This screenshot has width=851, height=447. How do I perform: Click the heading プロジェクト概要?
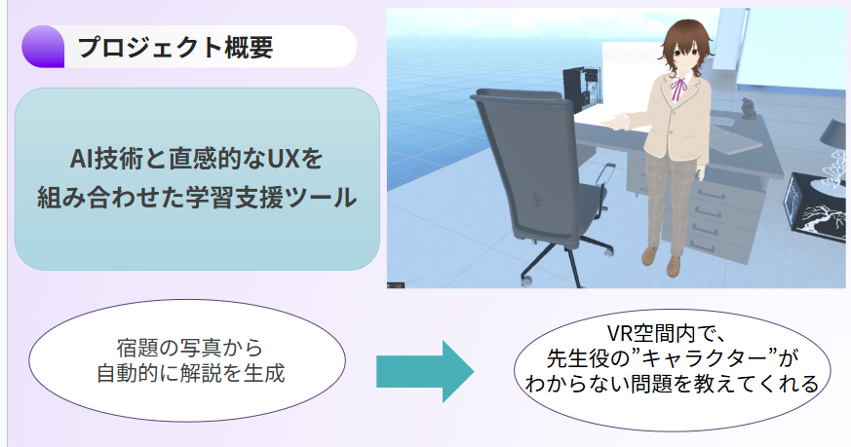point(175,47)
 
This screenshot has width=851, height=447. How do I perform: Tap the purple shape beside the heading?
point(43,47)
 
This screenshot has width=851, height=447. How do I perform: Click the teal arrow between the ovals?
point(425,372)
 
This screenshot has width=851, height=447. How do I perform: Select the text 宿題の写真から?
point(189,348)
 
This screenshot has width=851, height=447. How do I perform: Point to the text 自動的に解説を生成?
point(190,373)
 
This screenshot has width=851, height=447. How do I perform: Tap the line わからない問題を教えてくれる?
point(672,383)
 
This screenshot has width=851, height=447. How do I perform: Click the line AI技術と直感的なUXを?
point(197,159)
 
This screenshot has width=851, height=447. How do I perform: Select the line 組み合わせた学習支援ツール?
point(197,197)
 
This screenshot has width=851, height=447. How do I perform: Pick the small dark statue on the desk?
point(750,110)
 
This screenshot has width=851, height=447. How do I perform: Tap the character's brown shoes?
point(662,261)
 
